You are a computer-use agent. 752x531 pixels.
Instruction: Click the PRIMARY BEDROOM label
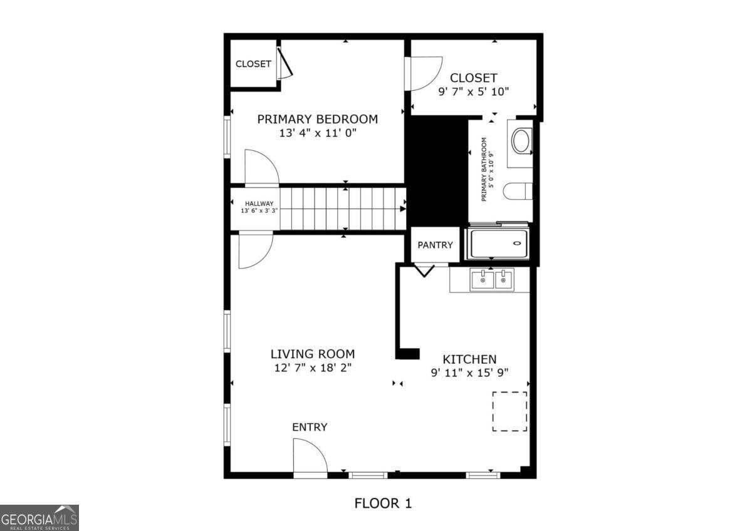pyautogui.click(x=317, y=119)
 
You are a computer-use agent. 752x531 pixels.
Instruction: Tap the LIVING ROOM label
pyautogui.click(x=312, y=354)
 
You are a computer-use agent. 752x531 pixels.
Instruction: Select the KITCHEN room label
pyautogui.click(x=469, y=359)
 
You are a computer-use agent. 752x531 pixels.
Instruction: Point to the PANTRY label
pyautogui.click(x=435, y=245)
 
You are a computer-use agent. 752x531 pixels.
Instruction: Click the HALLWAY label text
pyautogui.click(x=259, y=204)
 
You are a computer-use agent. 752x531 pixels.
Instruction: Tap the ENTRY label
pyautogui.click(x=310, y=427)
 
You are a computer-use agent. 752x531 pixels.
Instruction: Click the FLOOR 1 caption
pyautogui.click(x=383, y=503)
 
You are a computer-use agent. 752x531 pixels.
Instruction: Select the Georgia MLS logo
pyautogui.click(x=39, y=518)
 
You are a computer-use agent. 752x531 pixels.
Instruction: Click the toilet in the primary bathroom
pyautogui.click(x=519, y=190)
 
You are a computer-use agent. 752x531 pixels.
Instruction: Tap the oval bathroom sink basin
pyautogui.click(x=521, y=141)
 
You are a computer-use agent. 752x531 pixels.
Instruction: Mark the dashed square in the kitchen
pyautogui.click(x=509, y=411)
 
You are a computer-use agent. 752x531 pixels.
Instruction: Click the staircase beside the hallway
pyautogui.click(x=342, y=209)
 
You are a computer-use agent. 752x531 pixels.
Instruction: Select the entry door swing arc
pyautogui.click(x=310, y=455)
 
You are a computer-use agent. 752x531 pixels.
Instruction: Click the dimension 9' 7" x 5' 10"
pyautogui.click(x=473, y=91)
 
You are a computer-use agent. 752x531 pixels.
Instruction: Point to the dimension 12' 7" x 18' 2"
pyautogui.click(x=312, y=368)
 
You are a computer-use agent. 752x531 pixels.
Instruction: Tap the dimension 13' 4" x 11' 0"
pyautogui.click(x=317, y=133)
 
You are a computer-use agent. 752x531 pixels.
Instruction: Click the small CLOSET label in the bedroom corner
pyautogui.click(x=253, y=64)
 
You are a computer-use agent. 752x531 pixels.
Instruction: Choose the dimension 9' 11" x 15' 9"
pyautogui.click(x=469, y=373)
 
